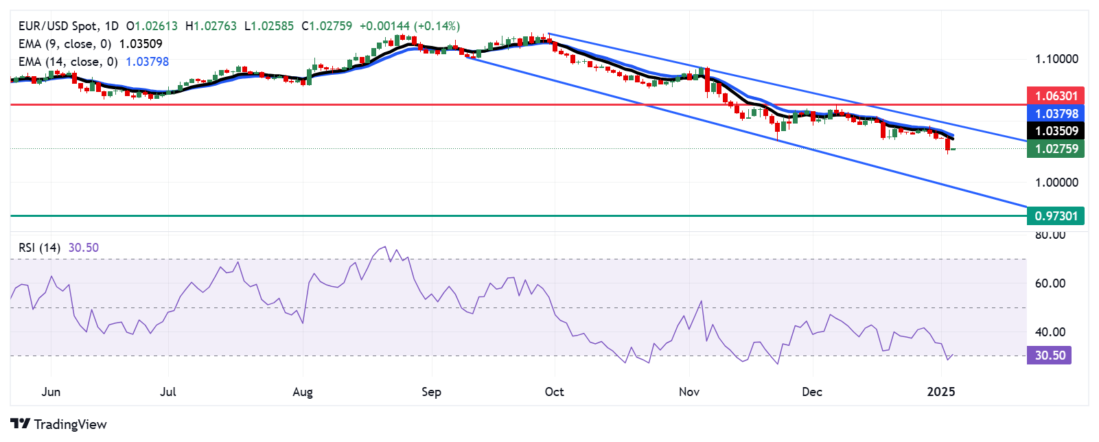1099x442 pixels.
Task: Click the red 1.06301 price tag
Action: click(x=1056, y=95)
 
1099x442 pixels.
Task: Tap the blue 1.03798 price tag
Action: click(x=1056, y=113)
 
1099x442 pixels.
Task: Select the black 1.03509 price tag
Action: click(x=1056, y=130)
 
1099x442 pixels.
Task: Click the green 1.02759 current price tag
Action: click(x=1056, y=148)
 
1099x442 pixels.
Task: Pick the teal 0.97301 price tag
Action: click(x=1056, y=216)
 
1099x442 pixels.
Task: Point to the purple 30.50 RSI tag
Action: click(x=1049, y=355)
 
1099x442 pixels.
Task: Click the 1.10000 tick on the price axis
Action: click(x=1056, y=59)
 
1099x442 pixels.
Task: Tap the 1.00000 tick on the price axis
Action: click(x=1056, y=182)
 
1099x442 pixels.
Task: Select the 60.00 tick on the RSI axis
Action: click(x=1050, y=283)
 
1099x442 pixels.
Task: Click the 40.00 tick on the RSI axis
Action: click(x=1050, y=331)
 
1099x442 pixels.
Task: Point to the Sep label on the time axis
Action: click(x=431, y=392)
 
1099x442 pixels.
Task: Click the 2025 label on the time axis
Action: click(x=940, y=392)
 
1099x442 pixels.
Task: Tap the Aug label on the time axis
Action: click(x=303, y=392)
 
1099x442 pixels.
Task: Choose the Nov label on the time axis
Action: click(x=689, y=392)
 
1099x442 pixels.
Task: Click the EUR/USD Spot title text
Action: click(x=58, y=26)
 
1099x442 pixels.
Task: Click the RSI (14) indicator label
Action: click(x=40, y=248)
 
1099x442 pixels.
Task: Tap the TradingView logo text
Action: click(x=70, y=424)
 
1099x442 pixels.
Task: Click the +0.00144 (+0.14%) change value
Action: click(x=410, y=26)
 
